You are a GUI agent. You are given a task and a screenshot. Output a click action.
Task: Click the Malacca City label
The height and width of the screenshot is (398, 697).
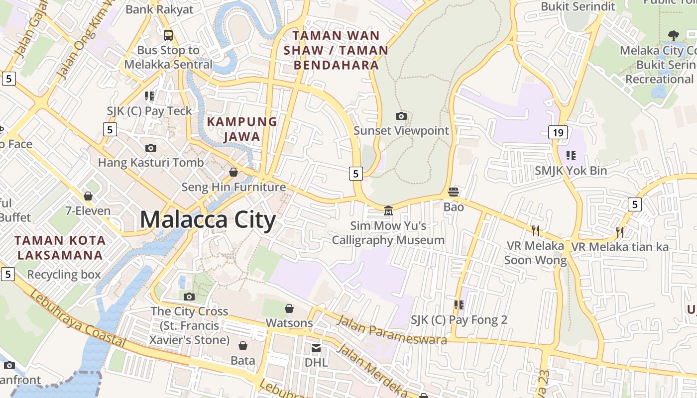pyautogui.click(x=208, y=219)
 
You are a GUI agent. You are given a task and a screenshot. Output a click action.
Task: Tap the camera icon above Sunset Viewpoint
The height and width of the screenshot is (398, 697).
pyautogui.click(x=401, y=116)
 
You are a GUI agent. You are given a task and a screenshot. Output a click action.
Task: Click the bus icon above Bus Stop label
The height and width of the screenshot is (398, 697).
pyautogui.click(x=168, y=35)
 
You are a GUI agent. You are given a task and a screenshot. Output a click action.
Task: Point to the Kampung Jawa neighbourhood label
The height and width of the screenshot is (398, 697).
pyautogui.click(x=242, y=129)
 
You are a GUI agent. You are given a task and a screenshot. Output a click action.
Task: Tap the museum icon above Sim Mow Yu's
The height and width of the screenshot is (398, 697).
pyautogui.click(x=388, y=211)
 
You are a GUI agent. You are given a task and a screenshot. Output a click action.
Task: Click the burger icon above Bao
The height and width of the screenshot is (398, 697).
pyautogui.click(x=454, y=192)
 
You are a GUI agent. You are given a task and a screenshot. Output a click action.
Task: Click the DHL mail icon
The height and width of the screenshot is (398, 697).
pyautogui.click(x=316, y=348)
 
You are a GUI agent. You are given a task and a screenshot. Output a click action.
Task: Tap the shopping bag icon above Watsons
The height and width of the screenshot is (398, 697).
pyautogui.click(x=289, y=309)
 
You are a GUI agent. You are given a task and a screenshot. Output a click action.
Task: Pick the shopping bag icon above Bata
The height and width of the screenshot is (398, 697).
pyautogui.click(x=243, y=346)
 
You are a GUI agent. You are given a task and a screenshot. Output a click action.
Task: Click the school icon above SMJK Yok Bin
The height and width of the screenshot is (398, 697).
pyautogui.click(x=571, y=156)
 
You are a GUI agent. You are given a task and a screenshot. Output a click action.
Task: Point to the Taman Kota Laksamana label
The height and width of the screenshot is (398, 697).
pyautogui.click(x=60, y=248)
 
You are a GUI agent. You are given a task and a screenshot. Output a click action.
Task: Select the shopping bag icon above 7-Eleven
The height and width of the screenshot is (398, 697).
pyautogui.click(x=88, y=197)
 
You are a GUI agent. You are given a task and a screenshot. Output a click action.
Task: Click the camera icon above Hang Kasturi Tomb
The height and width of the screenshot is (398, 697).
pyautogui.click(x=150, y=148)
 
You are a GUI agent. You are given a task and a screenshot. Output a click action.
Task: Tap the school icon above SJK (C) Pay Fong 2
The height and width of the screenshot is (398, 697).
pyautogui.click(x=459, y=305)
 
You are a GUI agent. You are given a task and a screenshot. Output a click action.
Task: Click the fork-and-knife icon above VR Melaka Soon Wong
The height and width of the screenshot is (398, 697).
pyautogui.click(x=536, y=230)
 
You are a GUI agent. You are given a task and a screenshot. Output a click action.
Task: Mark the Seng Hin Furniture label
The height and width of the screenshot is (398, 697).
pyautogui.click(x=233, y=187)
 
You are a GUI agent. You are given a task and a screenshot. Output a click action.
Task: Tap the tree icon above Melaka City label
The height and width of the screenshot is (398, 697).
pyautogui.click(x=674, y=36)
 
